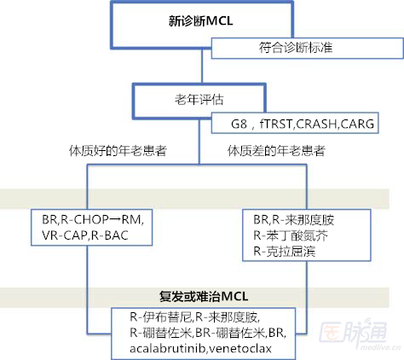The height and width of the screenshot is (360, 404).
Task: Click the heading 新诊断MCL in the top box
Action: click(201, 21)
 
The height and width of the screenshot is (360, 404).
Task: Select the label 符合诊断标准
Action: click(296, 48)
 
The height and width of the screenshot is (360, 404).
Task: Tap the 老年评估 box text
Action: click(199, 100)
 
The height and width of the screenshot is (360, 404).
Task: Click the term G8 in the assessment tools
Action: click(239, 124)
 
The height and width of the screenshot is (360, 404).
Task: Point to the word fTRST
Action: click(275, 124)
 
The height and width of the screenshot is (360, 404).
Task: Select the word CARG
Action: click(357, 124)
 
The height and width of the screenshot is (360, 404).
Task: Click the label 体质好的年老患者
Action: click(118, 151)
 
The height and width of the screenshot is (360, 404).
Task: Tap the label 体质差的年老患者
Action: click(276, 151)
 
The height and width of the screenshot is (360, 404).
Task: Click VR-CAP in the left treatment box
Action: click(65, 235)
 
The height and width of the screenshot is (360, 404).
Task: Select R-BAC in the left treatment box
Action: click(110, 235)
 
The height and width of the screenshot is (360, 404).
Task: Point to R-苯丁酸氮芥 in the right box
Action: click(291, 235)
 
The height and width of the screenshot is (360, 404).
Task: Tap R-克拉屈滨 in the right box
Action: click(285, 252)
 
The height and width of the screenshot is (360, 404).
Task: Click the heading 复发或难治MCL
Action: click(204, 296)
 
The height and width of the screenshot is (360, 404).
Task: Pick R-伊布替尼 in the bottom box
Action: click(161, 317)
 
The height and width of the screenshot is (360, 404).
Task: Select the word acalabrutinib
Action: click(168, 348)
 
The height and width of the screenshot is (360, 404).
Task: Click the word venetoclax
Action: click(240, 348)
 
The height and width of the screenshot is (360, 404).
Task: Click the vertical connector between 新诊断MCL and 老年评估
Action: click(202, 66)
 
